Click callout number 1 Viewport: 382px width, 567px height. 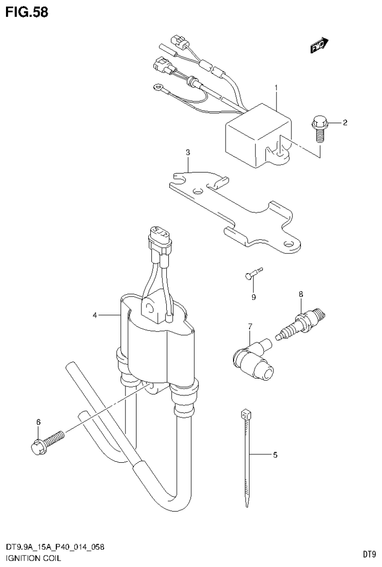275,88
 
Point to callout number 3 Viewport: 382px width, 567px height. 188,153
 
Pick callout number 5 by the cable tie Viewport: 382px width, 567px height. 274,455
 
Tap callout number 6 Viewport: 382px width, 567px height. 38,422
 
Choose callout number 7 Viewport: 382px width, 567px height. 251,326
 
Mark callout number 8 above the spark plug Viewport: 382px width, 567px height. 300,294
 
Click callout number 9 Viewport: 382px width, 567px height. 253,298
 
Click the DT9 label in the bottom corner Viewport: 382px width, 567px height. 368,554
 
